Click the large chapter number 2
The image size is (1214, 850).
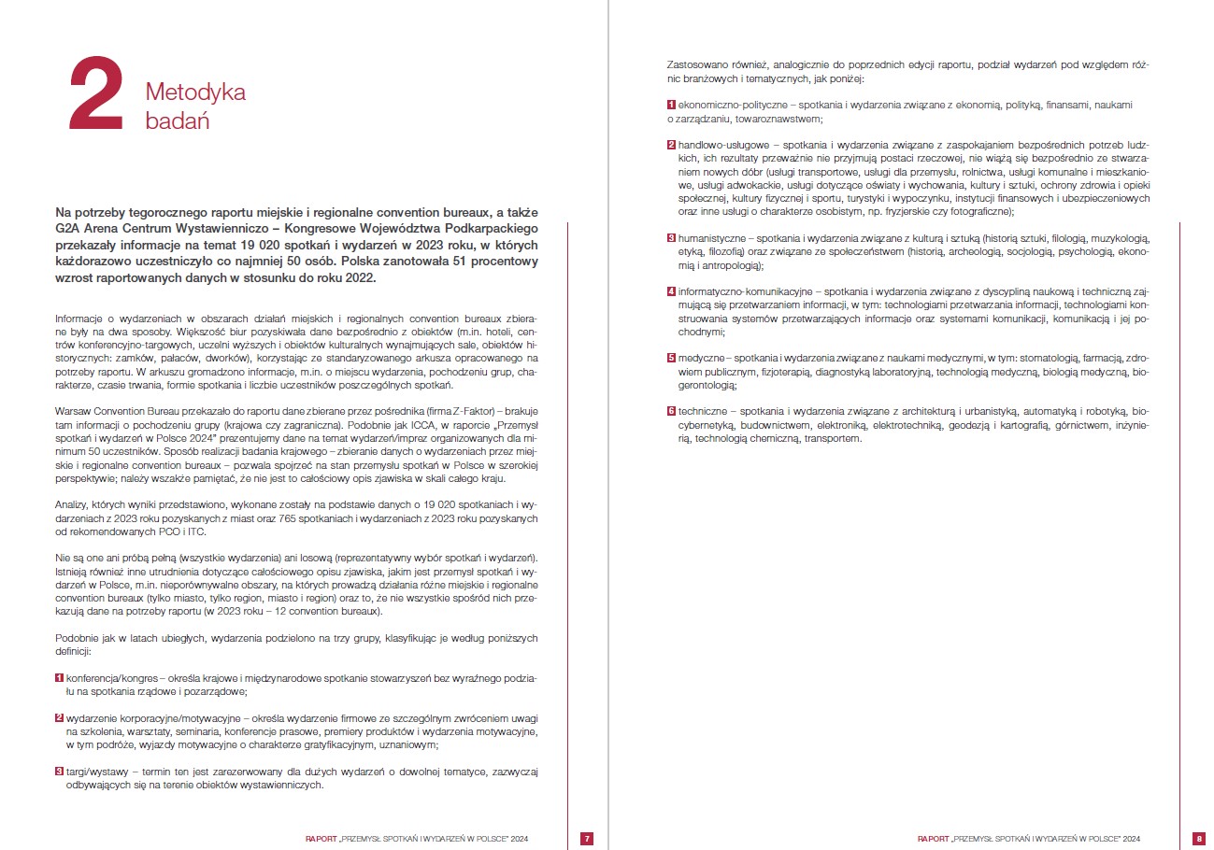pyautogui.click(x=95, y=93)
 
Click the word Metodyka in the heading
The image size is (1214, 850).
pyautogui.click(x=195, y=92)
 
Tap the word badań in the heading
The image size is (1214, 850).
pyautogui.click(x=177, y=120)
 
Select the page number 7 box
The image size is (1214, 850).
pyautogui.click(x=586, y=838)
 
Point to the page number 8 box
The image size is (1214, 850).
pyautogui.click(x=1199, y=838)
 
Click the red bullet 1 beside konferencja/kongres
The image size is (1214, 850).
pyautogui.click(x=60, y=676)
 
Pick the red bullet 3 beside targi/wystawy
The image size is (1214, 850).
pyautogui.click(x=60, y=772)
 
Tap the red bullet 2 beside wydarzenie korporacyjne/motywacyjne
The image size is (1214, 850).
pyautogui.click(x=60, y=717)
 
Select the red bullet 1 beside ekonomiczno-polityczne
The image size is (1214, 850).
pyautogui.click(x=671, y=106)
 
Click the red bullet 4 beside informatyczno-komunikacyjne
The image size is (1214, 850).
pyautogui.click(x=671, y=291)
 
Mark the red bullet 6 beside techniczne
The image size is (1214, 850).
pyautogui.click(x=671, y=411)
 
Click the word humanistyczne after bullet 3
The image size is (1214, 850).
pyautogui.click(x=713, y=238)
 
